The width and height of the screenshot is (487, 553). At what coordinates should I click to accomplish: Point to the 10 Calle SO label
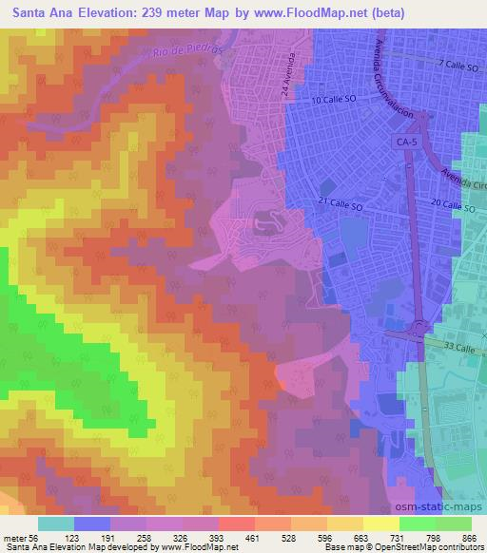tap(334, 100)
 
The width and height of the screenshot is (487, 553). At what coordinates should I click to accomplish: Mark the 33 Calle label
tap(465, 348)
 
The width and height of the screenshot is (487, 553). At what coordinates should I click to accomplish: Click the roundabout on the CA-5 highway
tap(419, 334)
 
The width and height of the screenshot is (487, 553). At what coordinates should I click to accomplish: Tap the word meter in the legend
tap(14, 537)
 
